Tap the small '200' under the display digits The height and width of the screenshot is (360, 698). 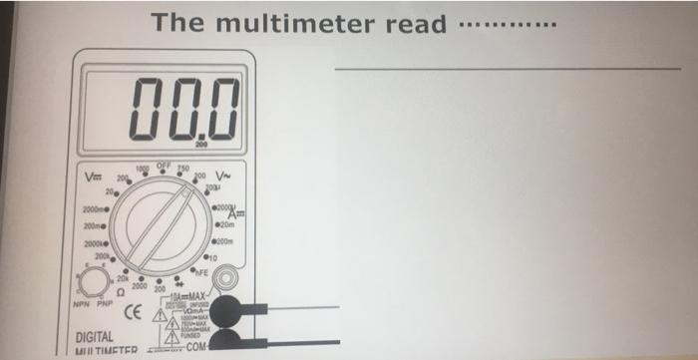[x=202, y=146]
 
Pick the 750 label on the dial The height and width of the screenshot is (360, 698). [x=182, y=167]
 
